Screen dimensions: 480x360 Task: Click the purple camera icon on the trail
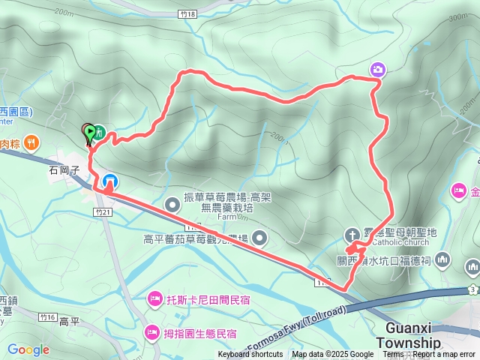(378, 70)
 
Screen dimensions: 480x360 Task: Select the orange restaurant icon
(31, 142)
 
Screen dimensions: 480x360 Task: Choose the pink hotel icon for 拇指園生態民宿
(152, 330)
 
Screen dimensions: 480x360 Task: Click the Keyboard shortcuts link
(250, 355)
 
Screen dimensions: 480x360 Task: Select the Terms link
(393, 355)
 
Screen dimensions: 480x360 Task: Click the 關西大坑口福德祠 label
(382, 260)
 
